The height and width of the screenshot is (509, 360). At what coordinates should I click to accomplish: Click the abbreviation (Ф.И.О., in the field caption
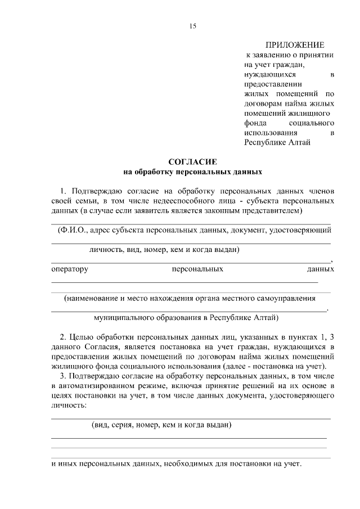click(72, 230)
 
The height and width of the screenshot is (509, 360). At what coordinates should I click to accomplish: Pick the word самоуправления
click(287, 298)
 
